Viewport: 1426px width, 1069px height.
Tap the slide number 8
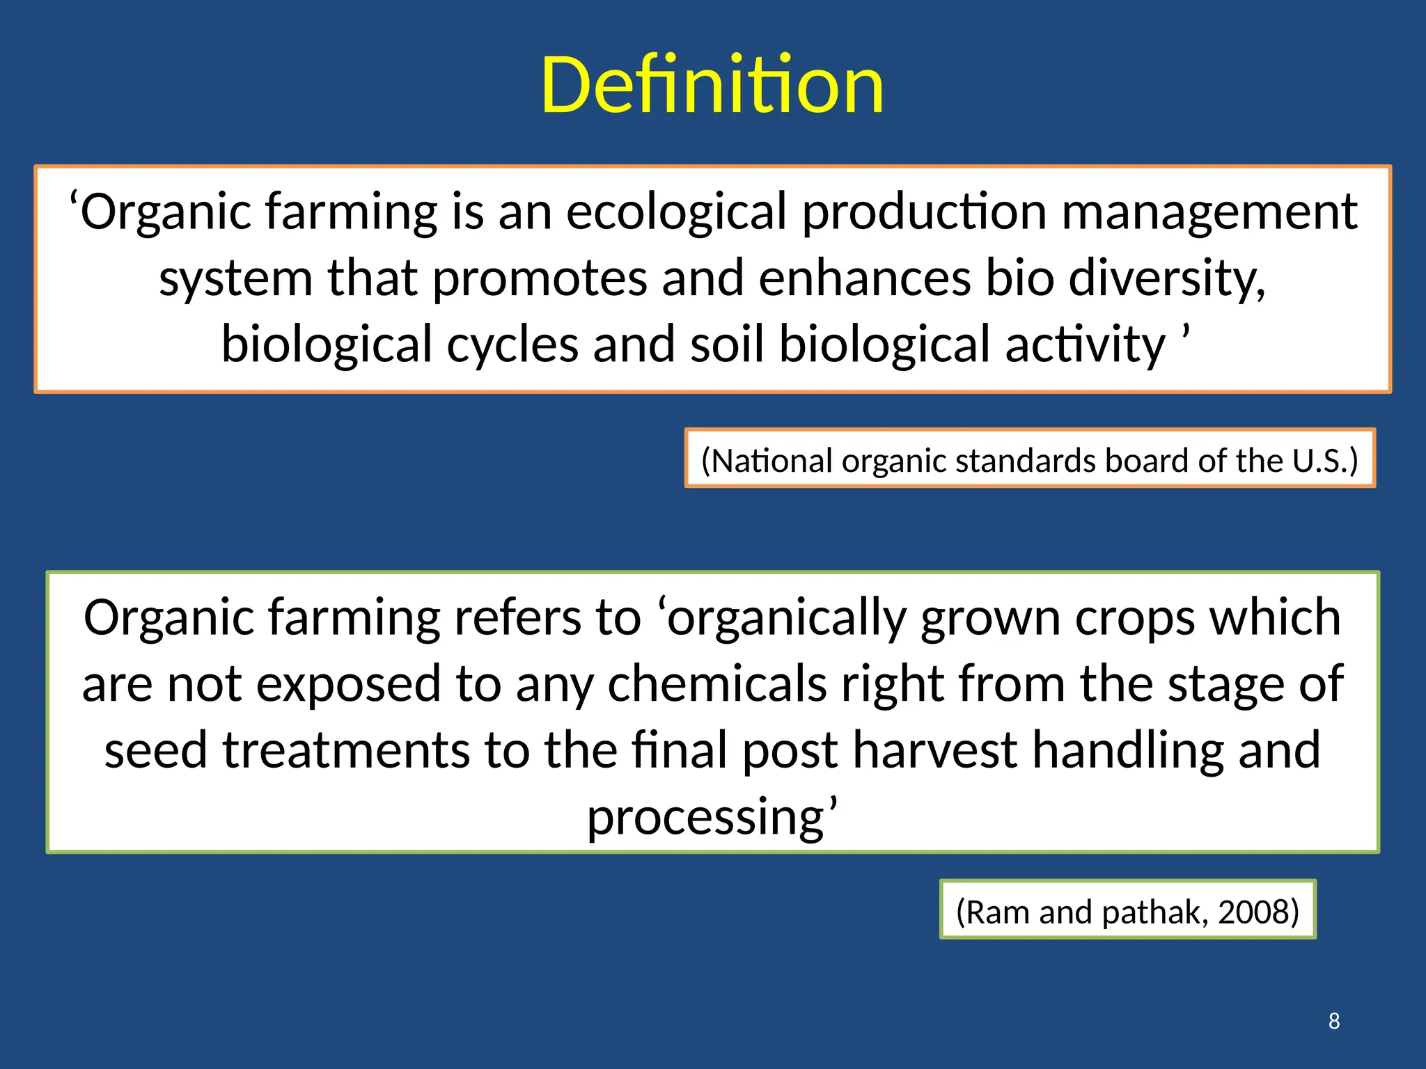pos(1333,1021)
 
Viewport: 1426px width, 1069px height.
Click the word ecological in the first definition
pos(676,212)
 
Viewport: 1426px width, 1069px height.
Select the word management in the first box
pos(1209,212)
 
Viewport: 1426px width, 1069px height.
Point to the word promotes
pos(540,278)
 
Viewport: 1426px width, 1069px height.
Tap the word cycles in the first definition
pos(512,345)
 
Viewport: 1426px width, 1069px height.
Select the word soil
pos(726,345)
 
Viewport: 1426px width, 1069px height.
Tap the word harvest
pos(934,750)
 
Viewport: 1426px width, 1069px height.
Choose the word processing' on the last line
pos(712,816)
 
